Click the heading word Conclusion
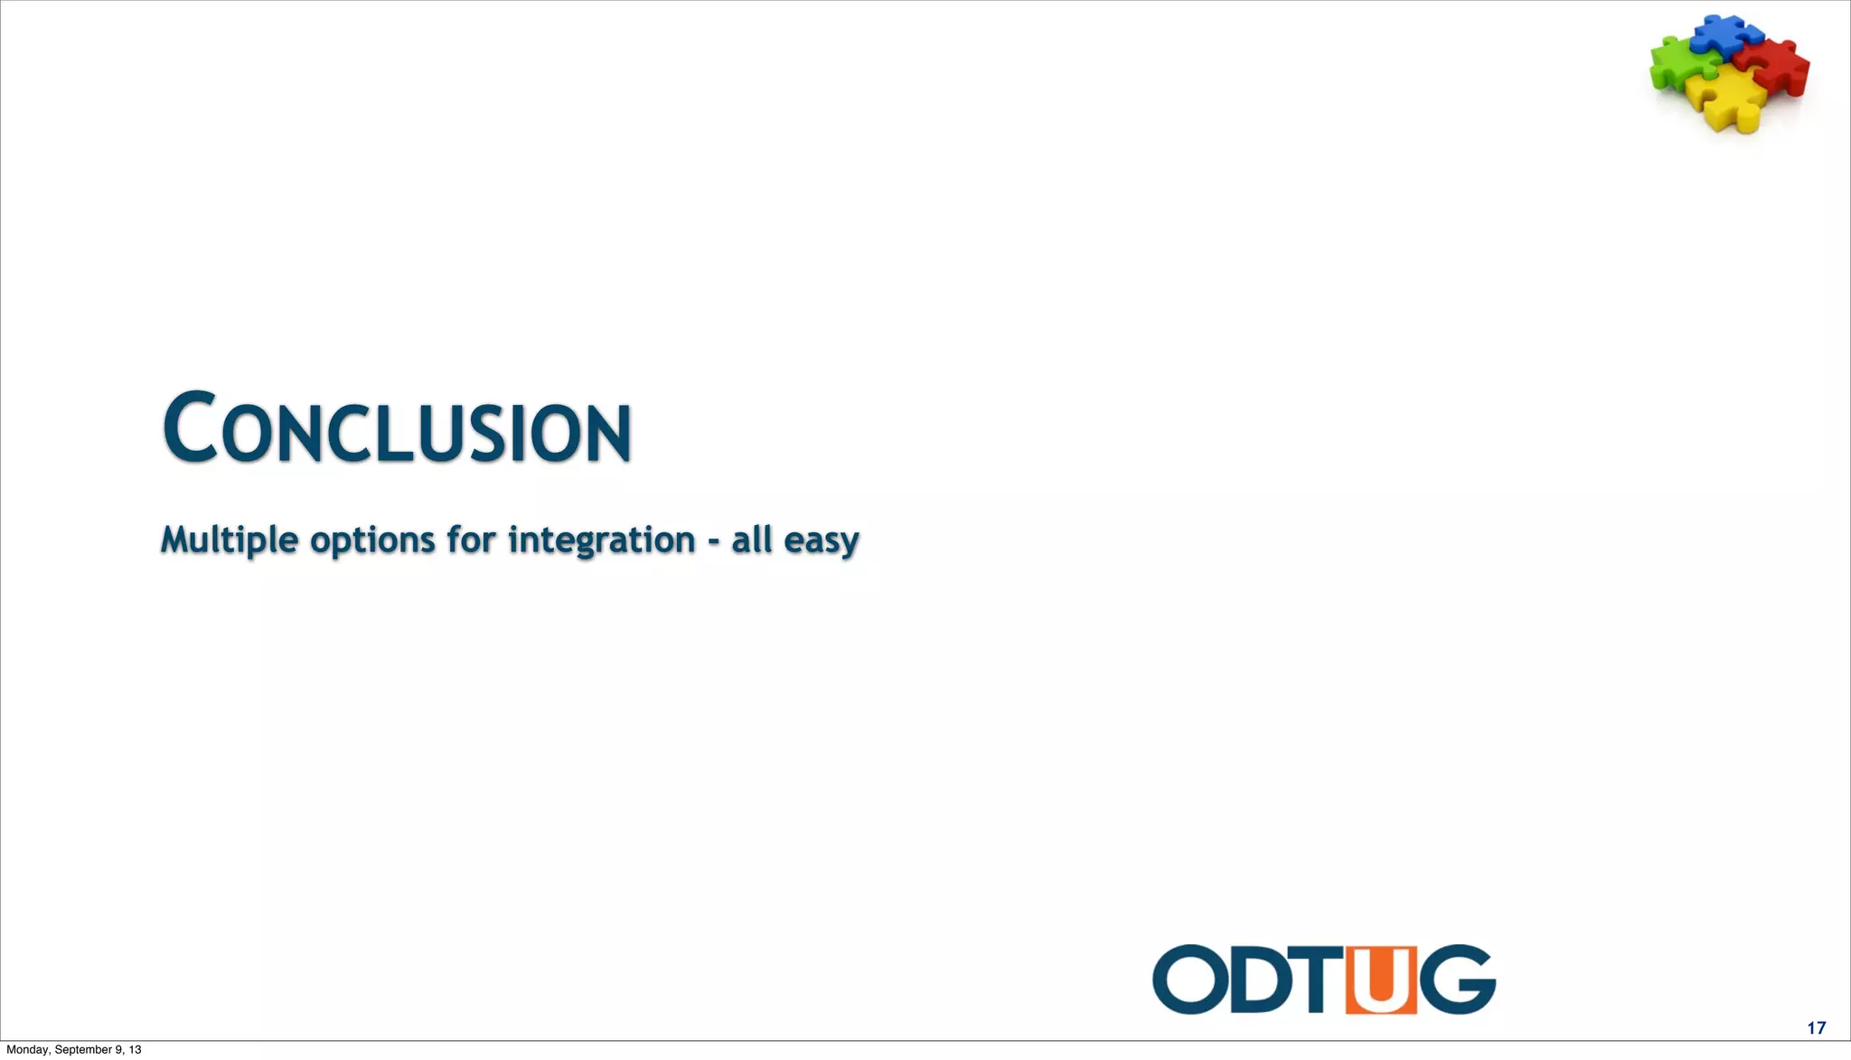click(398, 428)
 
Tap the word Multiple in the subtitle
click(230, 540)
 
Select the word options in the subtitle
click(372, 540)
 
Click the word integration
click(601, 539)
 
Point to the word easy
click(821, 541)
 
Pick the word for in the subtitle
click(471, 539)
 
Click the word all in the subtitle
click(751, 539)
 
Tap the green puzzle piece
click(1678, 63)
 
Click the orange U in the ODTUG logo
click(1380, 980)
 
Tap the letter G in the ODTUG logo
click(1457, 980)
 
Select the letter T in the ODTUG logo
click(1320, 980)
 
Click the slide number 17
click(1816, 1027)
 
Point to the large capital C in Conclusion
click(190, 427)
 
